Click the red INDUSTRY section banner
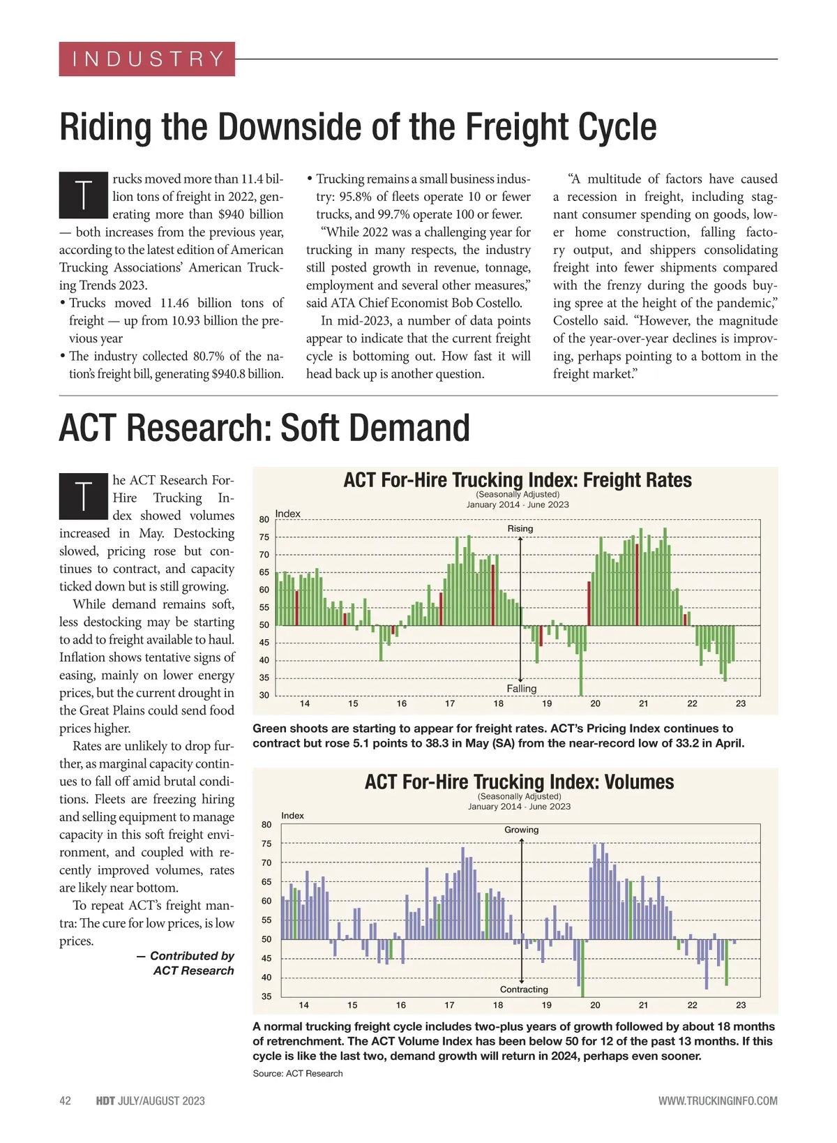point(146,59)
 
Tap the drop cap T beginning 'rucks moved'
point(83,196)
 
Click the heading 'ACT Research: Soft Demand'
point(264,428)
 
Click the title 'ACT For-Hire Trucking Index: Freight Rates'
point(517,480)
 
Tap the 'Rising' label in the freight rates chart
point(520,529)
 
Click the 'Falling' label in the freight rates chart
point(521,689)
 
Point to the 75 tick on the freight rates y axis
point(264,537)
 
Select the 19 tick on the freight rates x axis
point(547,704)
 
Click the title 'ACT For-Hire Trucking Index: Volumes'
point(519,782)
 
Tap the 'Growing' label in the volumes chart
point(521,830)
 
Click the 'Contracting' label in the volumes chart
point(524,989)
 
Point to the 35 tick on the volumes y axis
point(266,996)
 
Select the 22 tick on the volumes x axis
point(692,1006)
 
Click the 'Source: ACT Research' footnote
point(298,1073)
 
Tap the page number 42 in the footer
point(65,1101)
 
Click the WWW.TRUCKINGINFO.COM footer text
point(717,1101)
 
